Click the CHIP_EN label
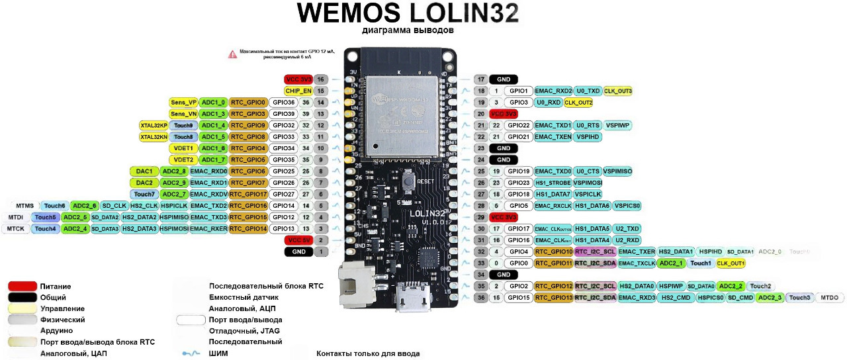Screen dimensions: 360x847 click(x=298, y=91)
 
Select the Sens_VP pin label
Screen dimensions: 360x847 click(x=183, y=103)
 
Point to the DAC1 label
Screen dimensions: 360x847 click(x=145, y=171)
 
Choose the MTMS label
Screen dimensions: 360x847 click(x=24, y=206)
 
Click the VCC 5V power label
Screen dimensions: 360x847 click(x=297, y=240)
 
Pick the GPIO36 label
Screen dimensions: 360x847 click(x=283, y=103)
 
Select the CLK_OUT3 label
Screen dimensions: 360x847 click(x=618, y=91)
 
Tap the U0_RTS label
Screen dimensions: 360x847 click(x=587, y=125)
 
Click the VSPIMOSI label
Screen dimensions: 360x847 click(x=588, y=183)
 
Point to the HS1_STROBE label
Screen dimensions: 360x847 click(x=552, y=183)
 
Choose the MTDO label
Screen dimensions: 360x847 click(x=830, y=298)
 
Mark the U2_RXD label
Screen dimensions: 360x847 click(x=627, y=240)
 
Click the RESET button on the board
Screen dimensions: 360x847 click(x=411, y=180)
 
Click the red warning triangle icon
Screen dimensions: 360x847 click(x=232, y=54)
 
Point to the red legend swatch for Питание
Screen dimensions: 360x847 click(x=22, y=286)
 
